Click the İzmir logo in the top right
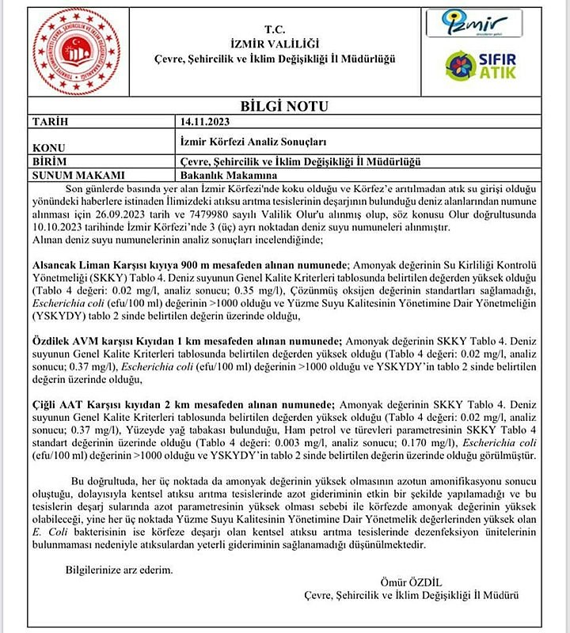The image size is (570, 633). click(x=474, y=23)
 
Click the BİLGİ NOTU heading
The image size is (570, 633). click(x=284, y=106)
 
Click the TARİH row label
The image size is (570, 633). click(x=50, y=121)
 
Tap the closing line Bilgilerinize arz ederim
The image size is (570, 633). click(x=119, y=569)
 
